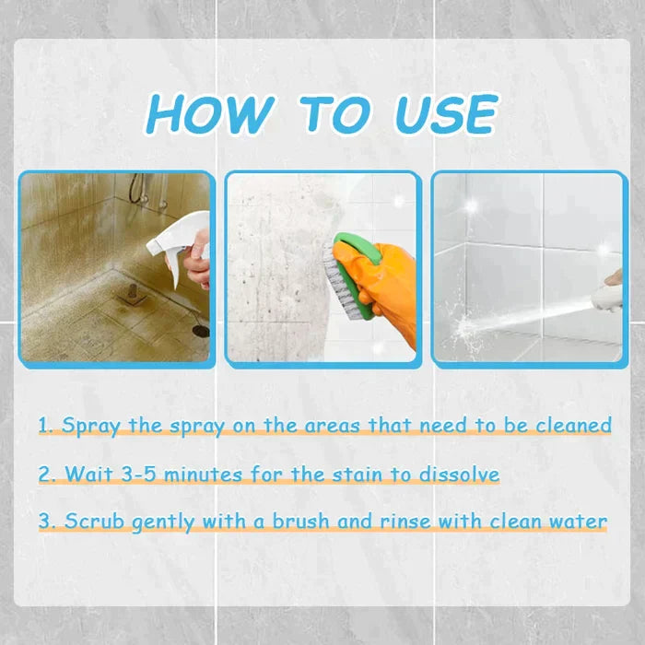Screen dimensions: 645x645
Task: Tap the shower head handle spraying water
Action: coord(608,295)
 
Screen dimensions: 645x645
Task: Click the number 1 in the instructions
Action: coord(44,426)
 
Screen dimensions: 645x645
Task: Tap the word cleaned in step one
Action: coord(575,426)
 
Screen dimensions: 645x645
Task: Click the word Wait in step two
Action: coord(88,475)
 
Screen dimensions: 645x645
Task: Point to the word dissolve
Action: coord(458,475)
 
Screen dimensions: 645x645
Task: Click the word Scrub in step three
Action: coord(96,522)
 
